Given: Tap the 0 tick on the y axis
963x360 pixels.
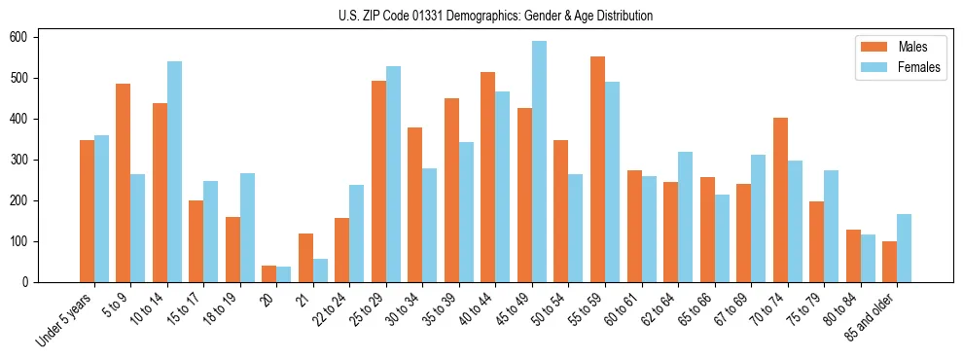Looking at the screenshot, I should pos(26,282).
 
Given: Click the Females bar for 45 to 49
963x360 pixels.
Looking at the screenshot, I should pos(539,162).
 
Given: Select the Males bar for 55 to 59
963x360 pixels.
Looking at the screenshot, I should pos(597,169).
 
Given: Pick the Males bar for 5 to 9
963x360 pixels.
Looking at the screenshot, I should pos(123,183).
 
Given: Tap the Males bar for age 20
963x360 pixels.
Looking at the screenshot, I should pos(268,273).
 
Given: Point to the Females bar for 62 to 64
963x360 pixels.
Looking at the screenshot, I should pos(685,217).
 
